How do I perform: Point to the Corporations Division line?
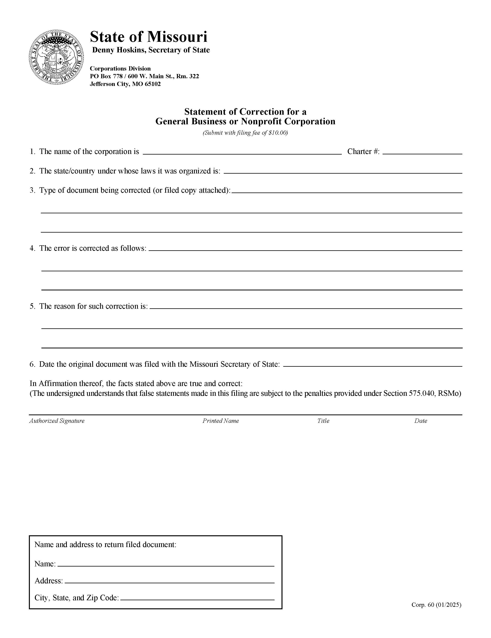tap(120, 69)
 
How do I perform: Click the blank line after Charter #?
tap(422, 151)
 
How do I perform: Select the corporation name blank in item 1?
tap(242, 151)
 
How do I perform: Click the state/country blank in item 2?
tap(342, 171)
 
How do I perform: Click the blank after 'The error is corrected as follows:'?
tap(305, 248)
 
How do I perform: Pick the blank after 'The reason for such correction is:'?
tap(306, 306)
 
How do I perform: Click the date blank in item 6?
tap(372, 364)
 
